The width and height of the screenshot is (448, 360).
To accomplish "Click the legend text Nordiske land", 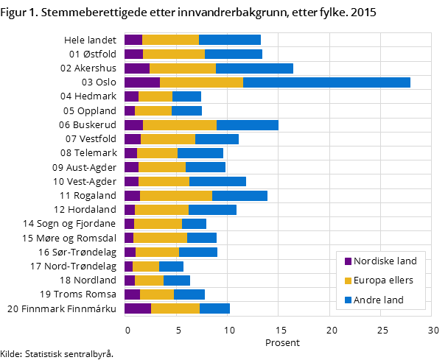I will tap(385, 261).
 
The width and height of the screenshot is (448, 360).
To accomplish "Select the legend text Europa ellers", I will tap(383, 280).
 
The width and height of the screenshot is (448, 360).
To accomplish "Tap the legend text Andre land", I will tap(379, 300).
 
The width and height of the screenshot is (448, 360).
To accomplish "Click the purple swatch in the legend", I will tap(348, 261).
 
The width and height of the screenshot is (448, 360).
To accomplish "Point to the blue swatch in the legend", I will tap(348, 300).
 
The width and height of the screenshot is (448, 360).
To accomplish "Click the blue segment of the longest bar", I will tap(326, 82).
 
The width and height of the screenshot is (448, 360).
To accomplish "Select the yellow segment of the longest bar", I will tap(201, 82).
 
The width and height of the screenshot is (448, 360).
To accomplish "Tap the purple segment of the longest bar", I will tap(141, 82).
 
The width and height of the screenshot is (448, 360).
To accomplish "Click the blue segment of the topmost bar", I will tap(229, 40).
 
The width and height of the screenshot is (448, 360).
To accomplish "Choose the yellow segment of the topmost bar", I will tap(170, 40).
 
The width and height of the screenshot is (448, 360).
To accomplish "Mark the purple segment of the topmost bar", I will tap(133, 40).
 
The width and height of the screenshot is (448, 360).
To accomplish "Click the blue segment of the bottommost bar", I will tap(214, 308).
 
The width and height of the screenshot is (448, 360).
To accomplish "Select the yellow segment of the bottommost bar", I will tap(175, 308).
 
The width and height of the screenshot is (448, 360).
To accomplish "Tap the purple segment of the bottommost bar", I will tap(138, 308).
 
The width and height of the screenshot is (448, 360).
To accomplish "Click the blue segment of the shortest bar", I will tap(171, 267).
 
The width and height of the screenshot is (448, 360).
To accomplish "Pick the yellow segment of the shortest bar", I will tap(146, 267).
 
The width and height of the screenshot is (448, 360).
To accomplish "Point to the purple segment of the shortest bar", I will tap(128, 267).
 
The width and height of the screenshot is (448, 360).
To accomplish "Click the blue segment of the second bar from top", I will tap(233, 54).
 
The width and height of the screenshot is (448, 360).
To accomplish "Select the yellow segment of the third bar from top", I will tap(183, 68).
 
